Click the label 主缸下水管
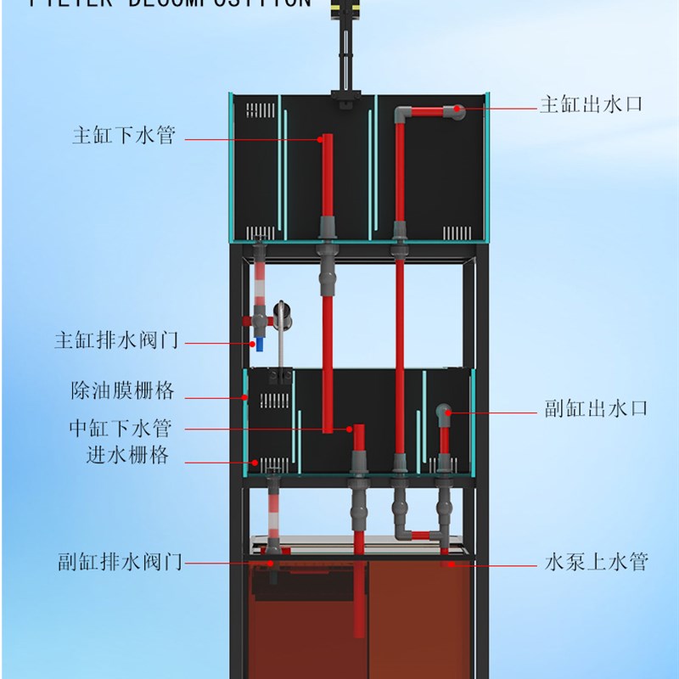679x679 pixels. click(x=124, y=137)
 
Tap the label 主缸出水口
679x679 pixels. click(x=591, y=105)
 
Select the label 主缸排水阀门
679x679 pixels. click(x=116, y=341)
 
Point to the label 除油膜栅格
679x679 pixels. click(x=122, y=391)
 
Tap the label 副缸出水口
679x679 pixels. click(x=596, y=408)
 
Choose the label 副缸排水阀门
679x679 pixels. click(x=119, y=562)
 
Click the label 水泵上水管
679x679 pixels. click(x=596, y=562)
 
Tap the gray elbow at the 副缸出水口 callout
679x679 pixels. click(x=443, y=412)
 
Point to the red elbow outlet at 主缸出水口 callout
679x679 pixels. click(x=457, y=109)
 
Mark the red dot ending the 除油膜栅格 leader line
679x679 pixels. click(x=245, y=396)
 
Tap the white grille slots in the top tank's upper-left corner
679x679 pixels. click(x=260, y=110)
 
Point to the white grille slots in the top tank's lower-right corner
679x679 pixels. click(x=456, y=232)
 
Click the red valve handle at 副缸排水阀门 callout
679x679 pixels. click(x=271, y=561)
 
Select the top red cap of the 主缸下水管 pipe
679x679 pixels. click(x=323, y=137)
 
